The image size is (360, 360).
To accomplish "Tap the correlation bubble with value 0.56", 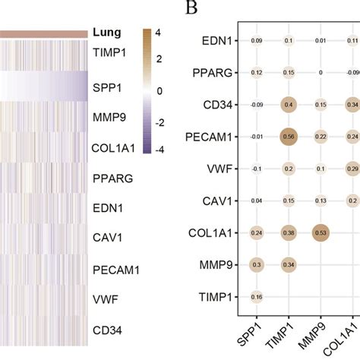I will [x=289, y=137].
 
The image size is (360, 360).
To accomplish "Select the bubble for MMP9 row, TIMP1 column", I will [x=289, y=264].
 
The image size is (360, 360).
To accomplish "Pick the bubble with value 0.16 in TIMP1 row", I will [x=256, y=296].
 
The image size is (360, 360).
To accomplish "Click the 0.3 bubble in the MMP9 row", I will [x=256, y=264].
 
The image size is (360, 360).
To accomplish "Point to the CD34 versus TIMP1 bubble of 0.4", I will [x=289, y=104].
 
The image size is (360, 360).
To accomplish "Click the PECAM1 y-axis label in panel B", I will [x=211, y=137].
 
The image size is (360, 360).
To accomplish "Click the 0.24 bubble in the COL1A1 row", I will [x=256, y=232].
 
